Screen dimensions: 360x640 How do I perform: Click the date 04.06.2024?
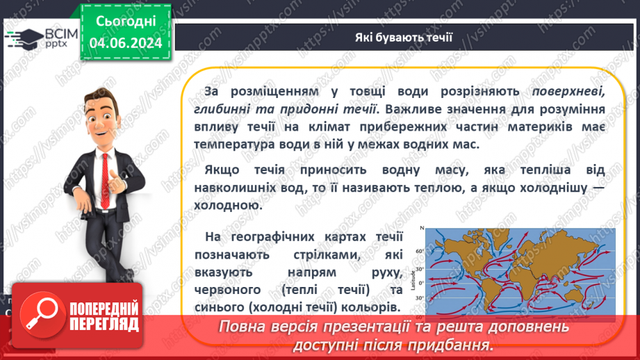point(125,42)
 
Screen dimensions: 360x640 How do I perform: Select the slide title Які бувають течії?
point(402,36)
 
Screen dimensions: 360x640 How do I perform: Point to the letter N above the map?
point(421,229)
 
